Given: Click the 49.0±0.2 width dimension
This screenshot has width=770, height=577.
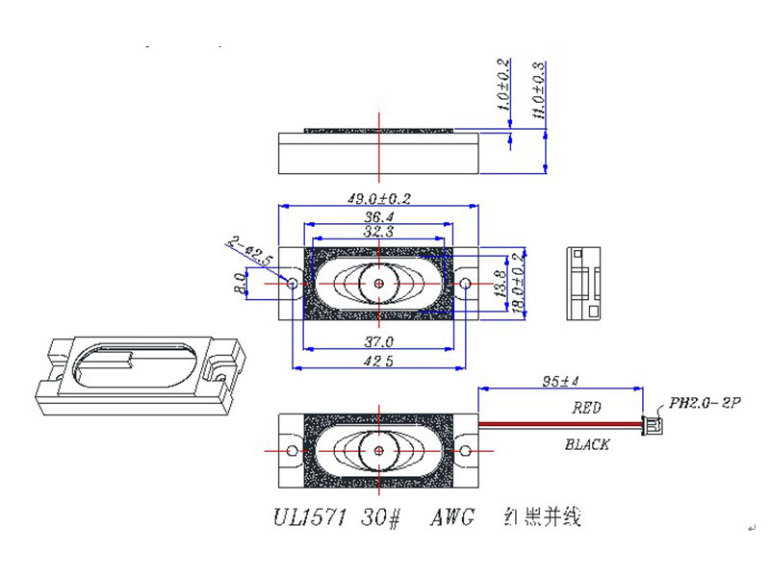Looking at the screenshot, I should pos(378,199).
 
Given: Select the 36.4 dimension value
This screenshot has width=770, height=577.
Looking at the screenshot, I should pos(378,218).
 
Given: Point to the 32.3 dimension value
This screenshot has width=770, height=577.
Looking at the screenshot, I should pos(378,232).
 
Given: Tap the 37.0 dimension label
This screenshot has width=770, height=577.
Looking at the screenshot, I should pos(378,342).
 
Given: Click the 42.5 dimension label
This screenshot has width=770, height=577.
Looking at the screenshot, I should pos(378,362).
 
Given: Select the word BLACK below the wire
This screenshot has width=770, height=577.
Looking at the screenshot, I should pos(586,445).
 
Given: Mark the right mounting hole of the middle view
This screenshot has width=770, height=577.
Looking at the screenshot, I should pos(465,284).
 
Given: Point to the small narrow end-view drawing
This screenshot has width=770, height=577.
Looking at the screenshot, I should pos(584,283).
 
